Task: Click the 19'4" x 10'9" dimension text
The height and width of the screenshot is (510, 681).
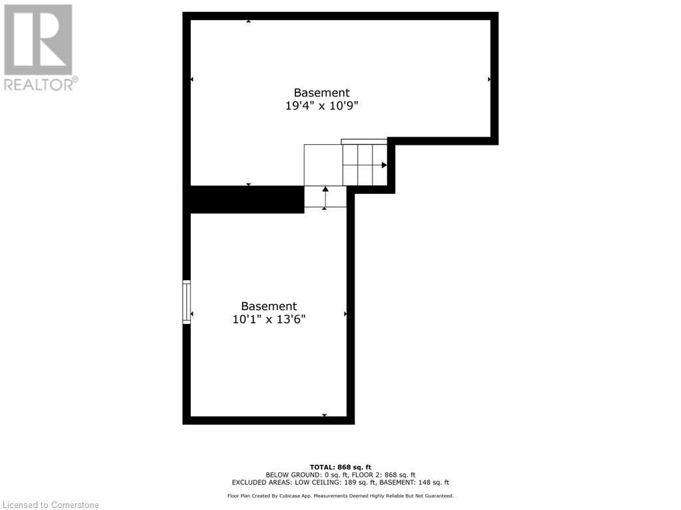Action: pyautogui.click(x=321, y=106)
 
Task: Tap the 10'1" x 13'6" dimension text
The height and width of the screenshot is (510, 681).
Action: pyautogui.click(x=269, y=319)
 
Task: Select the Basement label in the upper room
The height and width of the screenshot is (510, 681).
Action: pyautogui.click(x=321, y=93)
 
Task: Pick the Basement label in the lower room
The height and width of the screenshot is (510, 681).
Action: pyautogui.click(x=269, y=306)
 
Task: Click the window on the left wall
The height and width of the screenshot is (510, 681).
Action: pyautogui.click(x=187, y=302)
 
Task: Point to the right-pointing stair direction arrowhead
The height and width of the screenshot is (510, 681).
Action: pyautogui.click(x=384, y=165)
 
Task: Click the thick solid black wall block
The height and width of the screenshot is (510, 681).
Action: pyautogui.click(x=247, y=199)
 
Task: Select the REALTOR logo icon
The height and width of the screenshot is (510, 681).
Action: pyautogui.click(x=38, y=39)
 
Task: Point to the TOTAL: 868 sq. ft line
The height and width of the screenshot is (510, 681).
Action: pyautogui.click(x=340, y=466)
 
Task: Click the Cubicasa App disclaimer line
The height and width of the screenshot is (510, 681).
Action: pyautogui.click(x=340, y=495)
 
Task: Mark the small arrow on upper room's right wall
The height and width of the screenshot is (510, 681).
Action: pyautogui.click(x=489, y=79)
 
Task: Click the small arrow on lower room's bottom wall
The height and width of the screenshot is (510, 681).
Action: pyautogui.click(x=325, y=416)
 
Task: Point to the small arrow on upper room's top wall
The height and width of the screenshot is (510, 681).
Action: pyautogui.click(x=248, y=21)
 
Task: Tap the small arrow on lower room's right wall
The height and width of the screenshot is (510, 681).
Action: pyautogui.click(x=345, y=313)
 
